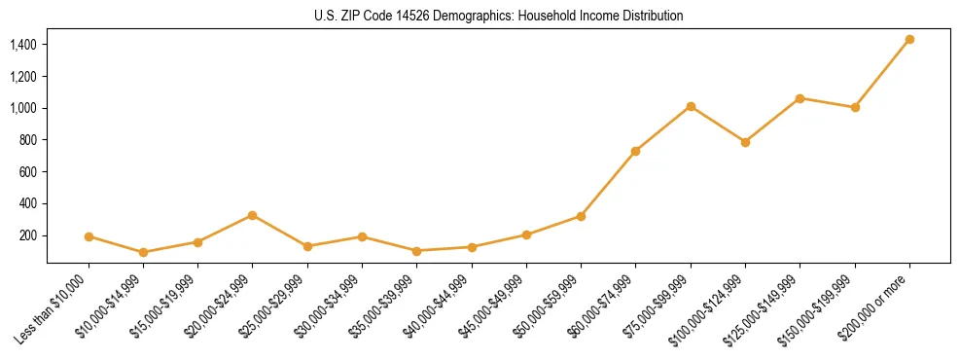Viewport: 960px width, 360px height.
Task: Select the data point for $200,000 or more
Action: [x=909, y=40]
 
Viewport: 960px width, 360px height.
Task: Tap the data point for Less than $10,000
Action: [x=89, y=236]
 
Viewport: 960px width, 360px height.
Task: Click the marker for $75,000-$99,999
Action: [x=691, y=106]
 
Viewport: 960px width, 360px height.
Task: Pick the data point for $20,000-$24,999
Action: [x=253, y=215]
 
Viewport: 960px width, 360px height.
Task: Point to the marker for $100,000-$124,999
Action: [x=745, y=142]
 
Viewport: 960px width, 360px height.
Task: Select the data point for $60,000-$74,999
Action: [x=636, y=151]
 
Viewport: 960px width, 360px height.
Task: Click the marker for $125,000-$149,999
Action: [x=800, y=98]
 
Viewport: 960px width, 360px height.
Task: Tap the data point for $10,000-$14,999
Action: [x=143, y=252]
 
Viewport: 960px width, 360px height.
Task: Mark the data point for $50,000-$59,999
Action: [x=581, y=216]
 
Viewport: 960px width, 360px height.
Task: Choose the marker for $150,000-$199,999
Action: [x=855, y=107]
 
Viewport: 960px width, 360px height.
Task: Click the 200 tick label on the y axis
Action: [x=27, y=235]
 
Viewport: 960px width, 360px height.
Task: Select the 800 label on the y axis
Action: [x=27, y=140]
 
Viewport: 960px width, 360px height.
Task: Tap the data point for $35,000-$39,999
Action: [x=416, y=251]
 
